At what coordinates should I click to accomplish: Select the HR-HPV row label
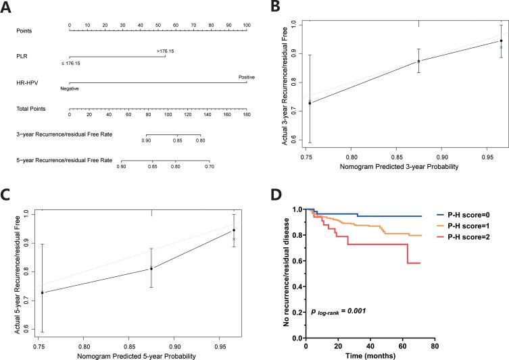(x=26, y=82)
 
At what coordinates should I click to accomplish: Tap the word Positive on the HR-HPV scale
(x=246, y=76)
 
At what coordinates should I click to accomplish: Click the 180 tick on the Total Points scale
(x=246, y=115)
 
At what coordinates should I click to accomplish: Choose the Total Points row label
(x=30, y=108)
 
